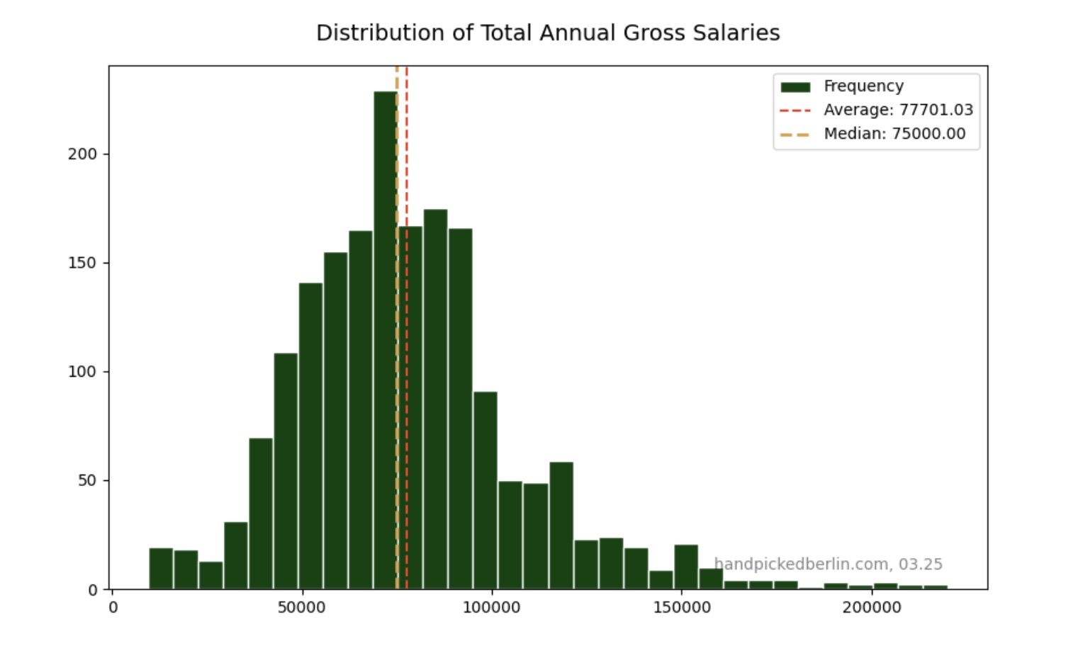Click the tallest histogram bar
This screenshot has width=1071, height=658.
[385, 340]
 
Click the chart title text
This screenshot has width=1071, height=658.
[547, 33]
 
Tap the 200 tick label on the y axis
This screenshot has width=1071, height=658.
[83, 154]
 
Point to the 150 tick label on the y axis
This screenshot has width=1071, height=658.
[83, 263]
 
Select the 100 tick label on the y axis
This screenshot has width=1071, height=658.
[83, 372]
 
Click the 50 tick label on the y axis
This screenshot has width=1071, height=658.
[87, 481]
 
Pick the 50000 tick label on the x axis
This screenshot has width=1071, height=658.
[301, 608]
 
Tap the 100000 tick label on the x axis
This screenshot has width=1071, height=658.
[491, 608]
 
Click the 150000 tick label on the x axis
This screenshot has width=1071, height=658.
[681, 608]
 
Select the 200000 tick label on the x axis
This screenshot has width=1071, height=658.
[871, 608]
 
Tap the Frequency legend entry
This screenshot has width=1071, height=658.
[863, 86]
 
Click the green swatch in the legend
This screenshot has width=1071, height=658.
[795, 87]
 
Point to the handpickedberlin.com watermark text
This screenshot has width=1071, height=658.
[827, 565]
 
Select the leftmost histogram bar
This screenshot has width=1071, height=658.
[161, 569]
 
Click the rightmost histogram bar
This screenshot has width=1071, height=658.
[936, 587]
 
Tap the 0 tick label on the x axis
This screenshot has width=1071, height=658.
[113, 608]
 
